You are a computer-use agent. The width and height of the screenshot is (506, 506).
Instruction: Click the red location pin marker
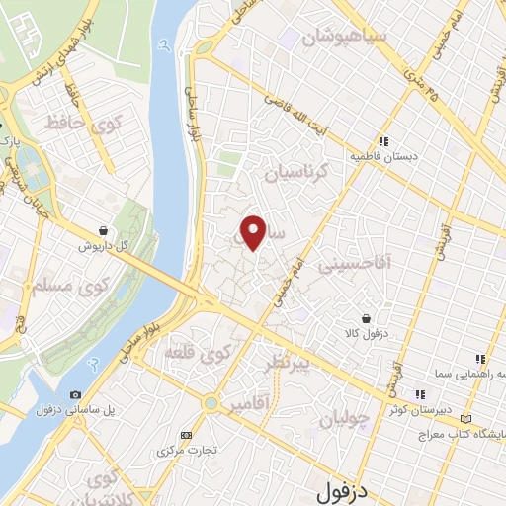pyautogui.click(x=254, y=231)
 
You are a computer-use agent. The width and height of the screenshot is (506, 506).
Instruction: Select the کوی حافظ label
pyautogui.click(x=82, y=124)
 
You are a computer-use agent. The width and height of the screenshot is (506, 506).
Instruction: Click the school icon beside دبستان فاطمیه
pyautogui.click(x=382, y=141)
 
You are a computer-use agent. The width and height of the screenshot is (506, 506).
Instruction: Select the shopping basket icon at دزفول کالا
pyautogui.click(x=367, y=318)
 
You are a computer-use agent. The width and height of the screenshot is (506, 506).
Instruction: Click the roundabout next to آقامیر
pyautogui.click(x=210, y=403)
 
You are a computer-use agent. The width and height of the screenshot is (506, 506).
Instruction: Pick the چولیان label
pyautogui.click(x=345, y=417)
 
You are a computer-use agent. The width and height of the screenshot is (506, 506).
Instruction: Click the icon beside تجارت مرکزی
pyautogui.click(x=186, y=435)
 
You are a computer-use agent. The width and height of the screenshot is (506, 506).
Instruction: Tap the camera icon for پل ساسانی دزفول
pyautogui.click(x=77, y=395)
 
